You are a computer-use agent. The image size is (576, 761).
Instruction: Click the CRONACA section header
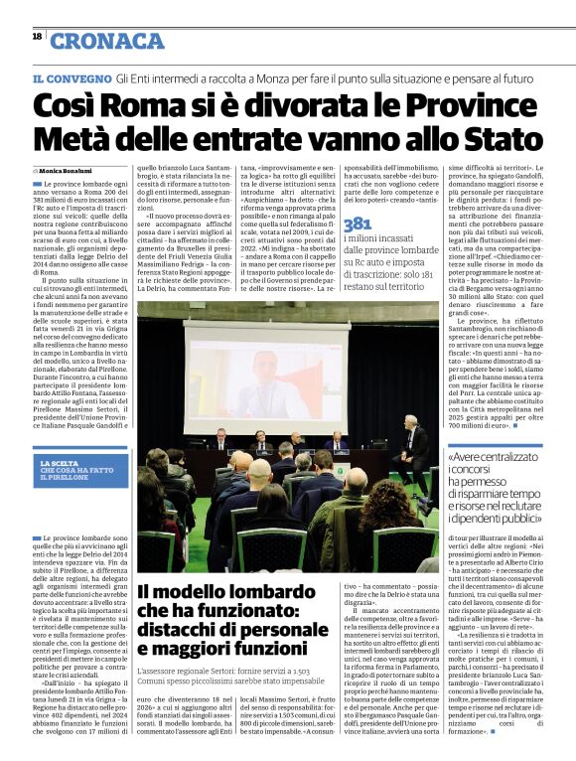pos(107,41)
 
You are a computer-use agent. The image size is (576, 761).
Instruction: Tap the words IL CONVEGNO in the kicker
pos(70,77)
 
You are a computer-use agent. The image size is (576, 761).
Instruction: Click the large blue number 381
pos(357,225)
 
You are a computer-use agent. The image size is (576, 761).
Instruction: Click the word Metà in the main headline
pos(70,140)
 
